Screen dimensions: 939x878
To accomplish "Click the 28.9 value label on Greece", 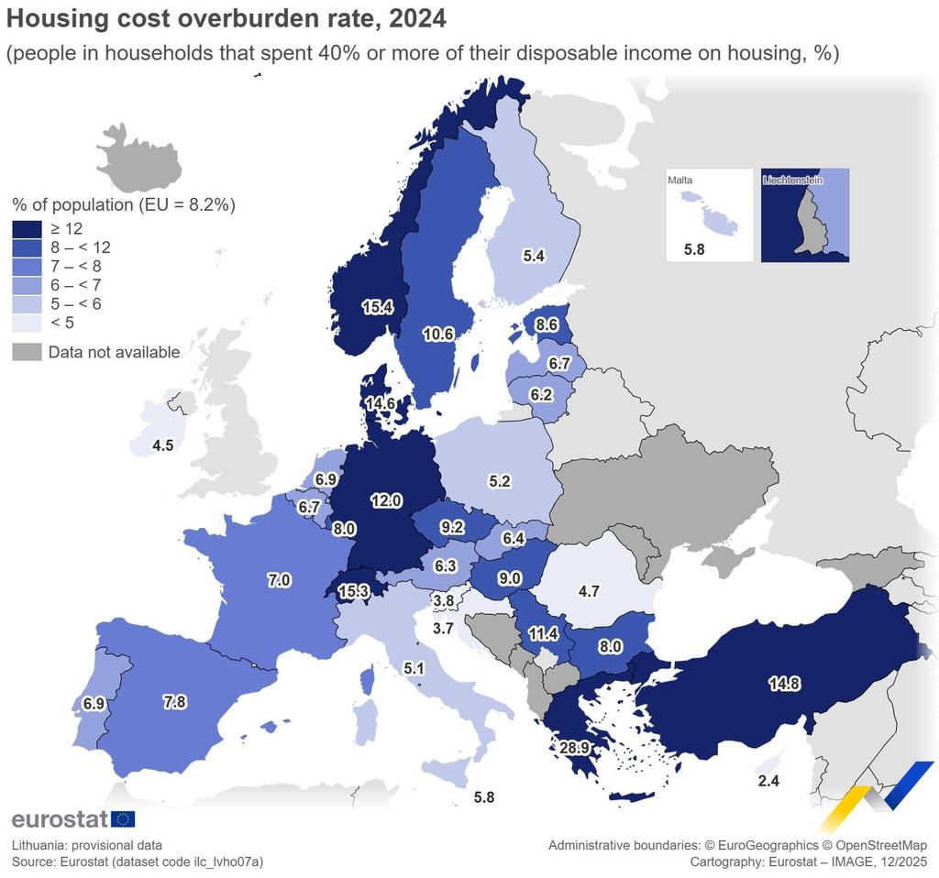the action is [574, 748].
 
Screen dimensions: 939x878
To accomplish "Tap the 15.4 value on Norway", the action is [377, 307].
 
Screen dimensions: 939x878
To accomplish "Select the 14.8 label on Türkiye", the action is [785, 683].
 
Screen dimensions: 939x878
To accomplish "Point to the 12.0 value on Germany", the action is [386, 499].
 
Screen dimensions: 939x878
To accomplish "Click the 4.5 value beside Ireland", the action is [163, 445].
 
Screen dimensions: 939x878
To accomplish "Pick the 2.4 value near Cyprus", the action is [768, 781].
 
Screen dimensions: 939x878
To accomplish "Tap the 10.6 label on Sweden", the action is [438, 334].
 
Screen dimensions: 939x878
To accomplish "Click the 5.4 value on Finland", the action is [534, 256].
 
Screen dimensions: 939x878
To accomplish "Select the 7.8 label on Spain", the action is [174, 701].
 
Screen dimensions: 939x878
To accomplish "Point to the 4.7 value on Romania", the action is [589, 591].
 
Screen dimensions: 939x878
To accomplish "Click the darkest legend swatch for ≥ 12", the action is [27, 229].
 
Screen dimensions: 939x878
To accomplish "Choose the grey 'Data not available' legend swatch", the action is [27, 352].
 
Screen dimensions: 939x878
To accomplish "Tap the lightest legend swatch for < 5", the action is [27, 324].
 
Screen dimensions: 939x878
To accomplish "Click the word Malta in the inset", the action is [680, 181].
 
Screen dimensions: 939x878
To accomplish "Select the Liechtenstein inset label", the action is [792, 181].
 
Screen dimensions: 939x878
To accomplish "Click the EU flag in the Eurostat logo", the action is [124, 818].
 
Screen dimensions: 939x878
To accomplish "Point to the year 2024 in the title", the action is [417, 18].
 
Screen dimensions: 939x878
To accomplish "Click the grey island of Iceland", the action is [139, 158].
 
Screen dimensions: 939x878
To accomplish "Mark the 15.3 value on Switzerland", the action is [353, 591].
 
